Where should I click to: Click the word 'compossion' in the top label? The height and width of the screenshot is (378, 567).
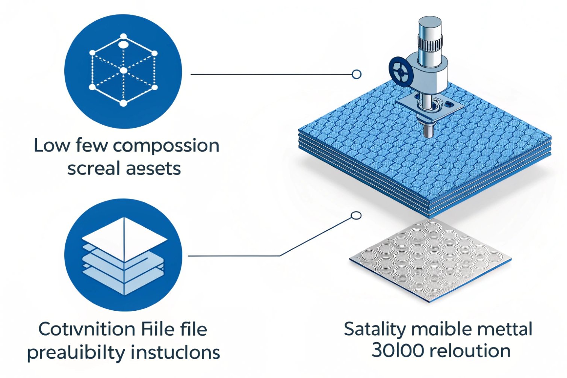(x=166, y=146)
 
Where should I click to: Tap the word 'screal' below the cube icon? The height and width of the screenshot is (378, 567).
(x=94, y=169)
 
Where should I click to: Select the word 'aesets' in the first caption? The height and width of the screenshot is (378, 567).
(x=153, y=169)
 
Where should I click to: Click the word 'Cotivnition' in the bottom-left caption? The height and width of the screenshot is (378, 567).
(x=87, y=330)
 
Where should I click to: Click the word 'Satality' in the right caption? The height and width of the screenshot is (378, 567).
(x=375, y=330)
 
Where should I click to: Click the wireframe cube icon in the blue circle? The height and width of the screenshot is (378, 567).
(x=123, y=70)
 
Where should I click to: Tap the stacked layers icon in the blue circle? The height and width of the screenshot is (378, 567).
(x=124, y=256)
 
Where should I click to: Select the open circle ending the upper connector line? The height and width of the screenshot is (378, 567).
(x=357, y=74)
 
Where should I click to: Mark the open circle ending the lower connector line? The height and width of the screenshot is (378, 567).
(x=356, y=216)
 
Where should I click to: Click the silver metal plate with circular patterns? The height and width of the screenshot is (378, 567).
(x=431, y=259)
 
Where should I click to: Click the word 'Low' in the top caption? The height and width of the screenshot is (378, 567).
(x=51, y=145)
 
